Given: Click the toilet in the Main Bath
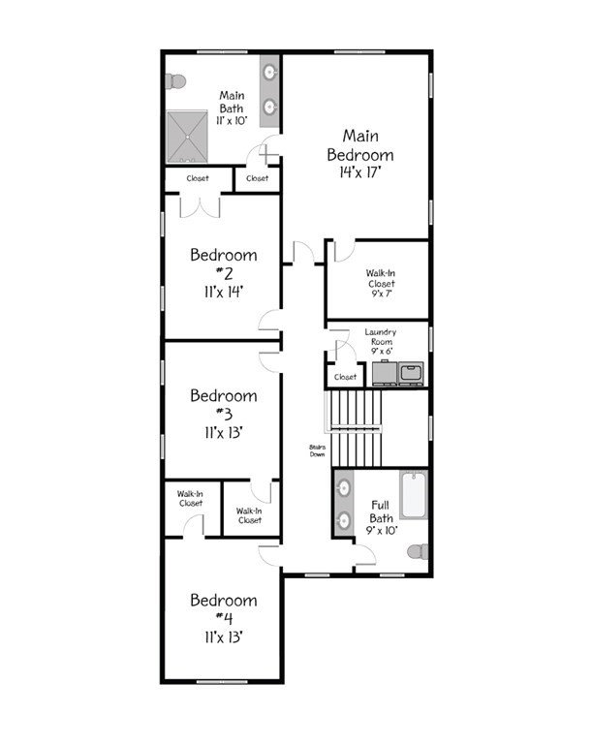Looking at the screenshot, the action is (x=174, y=81).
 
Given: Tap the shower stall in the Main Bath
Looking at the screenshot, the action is (x=187, y=137).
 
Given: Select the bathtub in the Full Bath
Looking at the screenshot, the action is (x=414, y=494).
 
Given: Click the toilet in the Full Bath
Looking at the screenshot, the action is (x=419, y=552).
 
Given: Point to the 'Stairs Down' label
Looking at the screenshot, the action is (x=317, y=450).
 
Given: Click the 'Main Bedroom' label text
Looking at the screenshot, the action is (x=360, y=145).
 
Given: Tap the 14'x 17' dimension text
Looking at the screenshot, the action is (x=360, y=172).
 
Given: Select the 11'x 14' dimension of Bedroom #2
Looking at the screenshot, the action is (x=223, y=292).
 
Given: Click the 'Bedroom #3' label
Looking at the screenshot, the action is (x=224, y=405).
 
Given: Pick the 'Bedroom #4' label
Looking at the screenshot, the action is (x=224, y=609).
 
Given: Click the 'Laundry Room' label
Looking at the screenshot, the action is (x=381, y=336).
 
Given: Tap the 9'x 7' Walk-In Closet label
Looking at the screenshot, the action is (x=381, y=283).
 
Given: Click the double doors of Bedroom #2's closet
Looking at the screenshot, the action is (x=200, y=207).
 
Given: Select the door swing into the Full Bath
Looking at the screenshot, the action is (x=365, y=555).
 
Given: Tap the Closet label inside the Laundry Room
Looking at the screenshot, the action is (x=345, y=377).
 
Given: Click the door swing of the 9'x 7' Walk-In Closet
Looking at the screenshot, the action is (x=344, y=252).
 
